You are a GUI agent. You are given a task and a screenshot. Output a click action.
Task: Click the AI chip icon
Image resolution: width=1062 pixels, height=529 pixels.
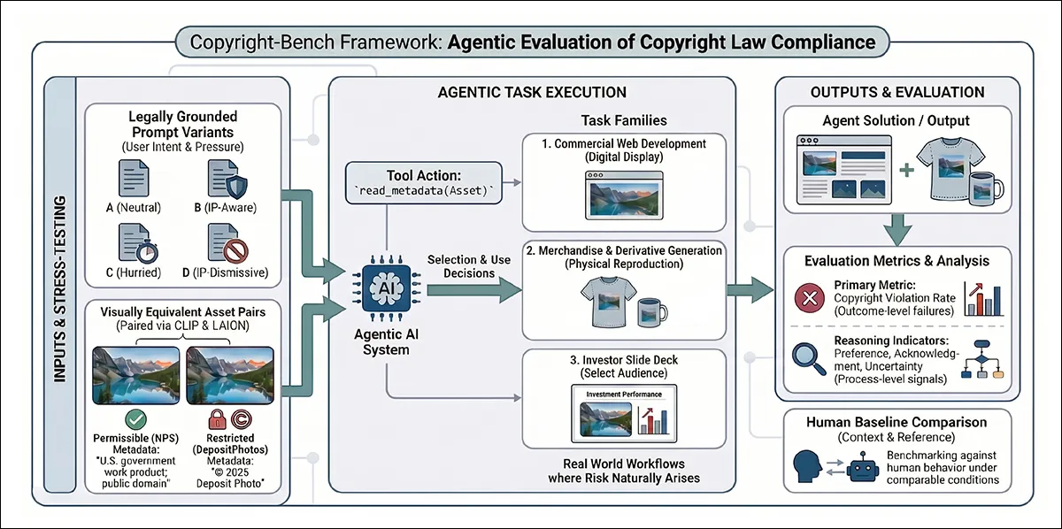coord(387,288)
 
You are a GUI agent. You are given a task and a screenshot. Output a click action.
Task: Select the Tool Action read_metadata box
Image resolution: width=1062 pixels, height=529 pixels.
coord(423,183)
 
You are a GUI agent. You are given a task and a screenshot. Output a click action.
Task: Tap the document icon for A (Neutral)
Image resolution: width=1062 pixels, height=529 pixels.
coord(134,178)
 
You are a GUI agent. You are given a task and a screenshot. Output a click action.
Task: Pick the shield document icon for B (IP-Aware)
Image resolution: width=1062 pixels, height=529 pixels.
coord(227,179)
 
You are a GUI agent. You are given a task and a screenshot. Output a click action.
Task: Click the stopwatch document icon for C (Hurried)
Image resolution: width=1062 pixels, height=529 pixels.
coord(137,243)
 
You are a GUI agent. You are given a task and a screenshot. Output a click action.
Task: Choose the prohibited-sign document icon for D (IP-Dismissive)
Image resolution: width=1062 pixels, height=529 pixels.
coord(227,243)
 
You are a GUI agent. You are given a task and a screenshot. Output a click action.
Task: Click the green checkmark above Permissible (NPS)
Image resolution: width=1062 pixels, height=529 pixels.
coord(135,419)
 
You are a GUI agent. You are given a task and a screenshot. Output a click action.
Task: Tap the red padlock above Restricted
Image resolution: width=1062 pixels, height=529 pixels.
coord(217,419)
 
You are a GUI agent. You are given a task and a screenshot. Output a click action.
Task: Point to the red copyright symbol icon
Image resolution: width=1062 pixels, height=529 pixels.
coord(242,419)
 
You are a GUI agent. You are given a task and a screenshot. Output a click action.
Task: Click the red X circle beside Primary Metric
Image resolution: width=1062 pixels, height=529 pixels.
coord(810,298)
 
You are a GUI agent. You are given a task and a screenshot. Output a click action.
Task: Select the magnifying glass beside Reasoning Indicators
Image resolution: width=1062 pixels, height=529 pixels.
coord(806,359)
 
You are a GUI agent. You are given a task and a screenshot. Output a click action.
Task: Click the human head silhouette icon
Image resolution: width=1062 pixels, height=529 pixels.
coord(807,466)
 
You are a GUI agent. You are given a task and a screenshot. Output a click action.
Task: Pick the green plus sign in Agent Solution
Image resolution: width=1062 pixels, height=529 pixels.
coord(906,170)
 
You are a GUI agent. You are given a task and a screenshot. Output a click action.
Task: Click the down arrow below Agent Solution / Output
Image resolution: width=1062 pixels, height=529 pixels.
coord(898,229)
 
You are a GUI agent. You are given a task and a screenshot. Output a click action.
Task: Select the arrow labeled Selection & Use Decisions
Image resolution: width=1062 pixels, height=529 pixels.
coord(474,290)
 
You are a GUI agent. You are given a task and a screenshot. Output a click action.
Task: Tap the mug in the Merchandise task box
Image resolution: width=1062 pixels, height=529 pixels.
coord(652,312)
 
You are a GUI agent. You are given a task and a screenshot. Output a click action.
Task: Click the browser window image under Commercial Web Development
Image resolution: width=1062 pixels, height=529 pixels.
coord(624,195)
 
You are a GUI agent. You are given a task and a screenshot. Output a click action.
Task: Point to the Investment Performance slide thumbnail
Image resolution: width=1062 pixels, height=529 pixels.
coord(624,413)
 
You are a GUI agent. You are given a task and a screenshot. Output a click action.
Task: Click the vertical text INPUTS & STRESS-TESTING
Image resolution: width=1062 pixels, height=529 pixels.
coord(60,289)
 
